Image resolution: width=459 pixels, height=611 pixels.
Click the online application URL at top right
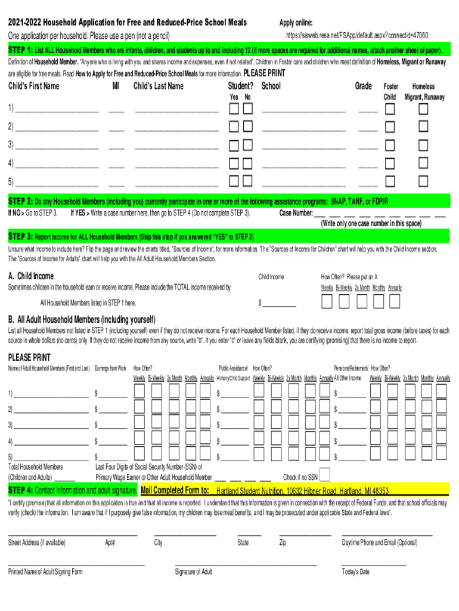click(x=353, y=35)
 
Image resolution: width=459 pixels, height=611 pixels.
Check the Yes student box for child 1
click(x=235, y=109)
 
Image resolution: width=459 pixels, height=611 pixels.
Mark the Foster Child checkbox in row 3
click(x=390, y=144)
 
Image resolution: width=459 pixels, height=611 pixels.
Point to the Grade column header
click(x=364, y=87)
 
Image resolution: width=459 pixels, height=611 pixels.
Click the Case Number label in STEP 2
click(x=296, y=212)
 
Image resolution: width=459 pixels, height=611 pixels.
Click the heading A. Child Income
click(x=30, y=276)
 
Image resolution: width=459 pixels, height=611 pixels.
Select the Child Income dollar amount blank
click(x=279, y=303)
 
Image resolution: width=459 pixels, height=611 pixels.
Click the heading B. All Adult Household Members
click(x=82, y=319)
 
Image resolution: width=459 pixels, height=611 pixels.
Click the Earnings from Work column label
click(x=111, y=368)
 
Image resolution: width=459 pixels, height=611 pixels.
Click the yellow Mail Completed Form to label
click(x=175, y=490)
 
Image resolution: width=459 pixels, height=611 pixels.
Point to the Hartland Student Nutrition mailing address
click(x=302, y=491)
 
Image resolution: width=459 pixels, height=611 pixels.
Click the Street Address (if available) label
click(x=37, y=542)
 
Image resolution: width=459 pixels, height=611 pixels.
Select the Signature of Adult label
click(x=193, y=572)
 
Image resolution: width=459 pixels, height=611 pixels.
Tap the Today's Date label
click(x=356, y=572)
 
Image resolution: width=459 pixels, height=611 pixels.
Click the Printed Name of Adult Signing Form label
click(x=45, y=572)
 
